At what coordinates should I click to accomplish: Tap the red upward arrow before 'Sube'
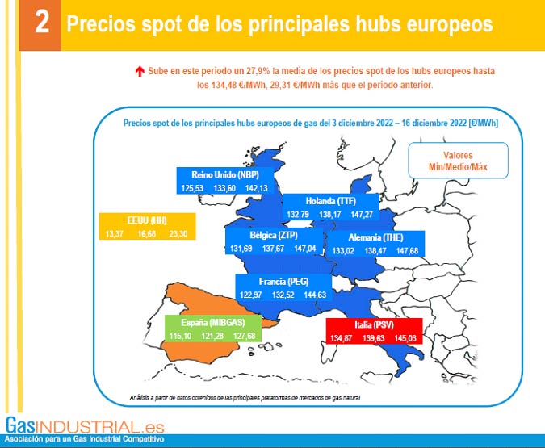tap(140, 72)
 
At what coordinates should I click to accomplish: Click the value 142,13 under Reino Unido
tap(257, 188)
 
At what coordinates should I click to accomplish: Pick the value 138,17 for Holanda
tap(332, 215)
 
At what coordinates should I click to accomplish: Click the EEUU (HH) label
tap(148, 220)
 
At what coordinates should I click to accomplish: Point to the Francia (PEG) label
tap(283, 282)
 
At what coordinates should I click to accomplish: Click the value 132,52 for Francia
tap(283, 295)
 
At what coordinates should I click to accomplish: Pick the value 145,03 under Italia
tap(405, 337)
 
